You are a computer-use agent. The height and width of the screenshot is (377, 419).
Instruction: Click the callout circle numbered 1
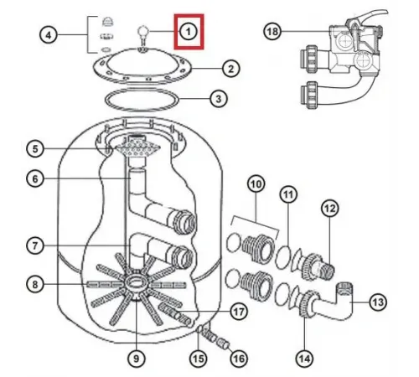tap(189, 31)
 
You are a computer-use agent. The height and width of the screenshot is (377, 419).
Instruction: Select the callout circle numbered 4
tap(49, 35)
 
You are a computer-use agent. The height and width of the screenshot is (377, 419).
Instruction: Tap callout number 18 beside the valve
tap(272, 31)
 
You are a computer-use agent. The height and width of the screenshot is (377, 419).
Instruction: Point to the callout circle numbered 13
tap(378, 302)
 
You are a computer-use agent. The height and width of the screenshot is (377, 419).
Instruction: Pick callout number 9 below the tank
tap(137, 359)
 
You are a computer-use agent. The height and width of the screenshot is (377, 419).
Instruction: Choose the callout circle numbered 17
tap(239, 311)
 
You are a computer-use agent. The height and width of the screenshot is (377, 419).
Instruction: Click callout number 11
tap(288, 194)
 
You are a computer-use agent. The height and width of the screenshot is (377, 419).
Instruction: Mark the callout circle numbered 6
tap(35, 178)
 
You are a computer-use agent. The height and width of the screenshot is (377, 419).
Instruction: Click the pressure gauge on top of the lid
tap(142, 35)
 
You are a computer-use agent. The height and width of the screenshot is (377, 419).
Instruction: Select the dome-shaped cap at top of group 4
tap(107, 22)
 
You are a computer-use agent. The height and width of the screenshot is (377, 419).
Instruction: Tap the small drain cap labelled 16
tap(223, 343)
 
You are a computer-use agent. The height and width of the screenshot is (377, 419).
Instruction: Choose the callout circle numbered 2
tap(230, 69)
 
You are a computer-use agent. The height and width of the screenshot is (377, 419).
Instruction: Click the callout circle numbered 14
tap(304, 359)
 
